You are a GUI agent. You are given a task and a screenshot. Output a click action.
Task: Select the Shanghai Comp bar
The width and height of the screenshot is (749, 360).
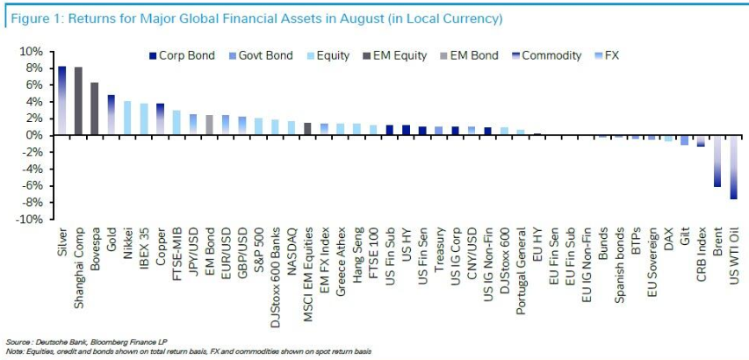(78, 101)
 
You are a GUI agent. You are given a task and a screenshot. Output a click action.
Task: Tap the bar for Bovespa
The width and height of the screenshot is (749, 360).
(94, 109)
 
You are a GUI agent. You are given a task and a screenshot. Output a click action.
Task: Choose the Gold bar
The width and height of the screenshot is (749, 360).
(111, 115)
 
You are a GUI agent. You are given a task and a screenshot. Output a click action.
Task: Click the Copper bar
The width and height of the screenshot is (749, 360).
(160, 119)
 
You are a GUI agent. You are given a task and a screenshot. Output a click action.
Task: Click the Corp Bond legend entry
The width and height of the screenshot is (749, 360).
(183, 55)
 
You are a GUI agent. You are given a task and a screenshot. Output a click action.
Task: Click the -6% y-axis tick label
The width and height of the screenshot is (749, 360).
(32, 185)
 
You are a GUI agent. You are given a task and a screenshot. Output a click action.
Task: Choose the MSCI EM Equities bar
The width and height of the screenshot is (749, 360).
(307, 129)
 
